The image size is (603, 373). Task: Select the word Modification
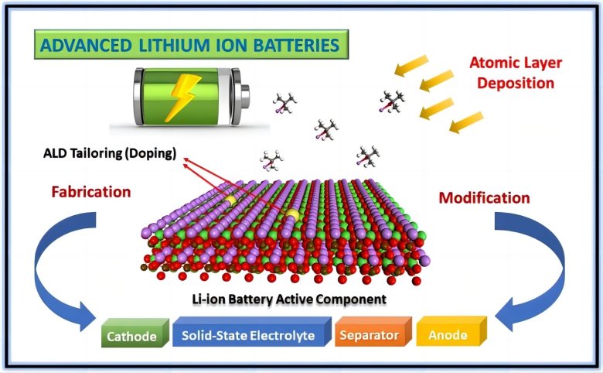[484, 197]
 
